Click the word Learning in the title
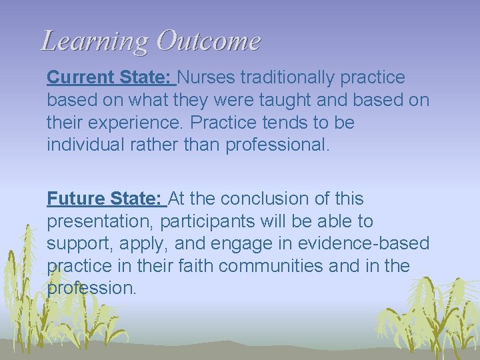point(93,41)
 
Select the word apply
point(134,244)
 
